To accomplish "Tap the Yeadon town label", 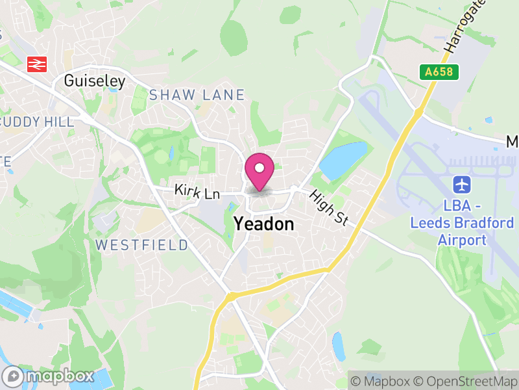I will pyautogui.click(x=263, y=224).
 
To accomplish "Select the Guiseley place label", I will pyautogui.click(x=94, y=81).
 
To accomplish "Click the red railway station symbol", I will pyautogui.click(x=36, y=64).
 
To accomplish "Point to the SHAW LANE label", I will pyautogui.click(x=197, y=95).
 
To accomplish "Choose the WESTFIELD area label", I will pyautogui.click(x=142, y=245).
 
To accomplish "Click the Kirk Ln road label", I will pyautogui.click(x=197, y=192).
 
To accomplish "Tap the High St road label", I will pyautogui.click(x=329, y=207).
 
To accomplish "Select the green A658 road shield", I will pyautogui.click(x=439, y=72).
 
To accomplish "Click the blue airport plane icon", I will pyautogui.click(x=462, y=184).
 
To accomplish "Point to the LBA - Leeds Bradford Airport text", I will pyautogui.click(x=461, y=223).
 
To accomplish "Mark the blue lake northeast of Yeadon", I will pyautogui.click(x=342, y=161).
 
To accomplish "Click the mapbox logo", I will pyautogui.click(x=49, y=376).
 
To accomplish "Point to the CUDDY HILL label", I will pyautogui.click(x=38, y=122).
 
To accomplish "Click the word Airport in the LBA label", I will pyautogui.click(x=461, y=240).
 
